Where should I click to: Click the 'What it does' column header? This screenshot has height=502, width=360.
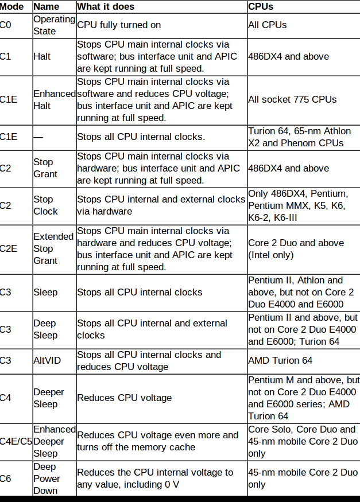point(106,7)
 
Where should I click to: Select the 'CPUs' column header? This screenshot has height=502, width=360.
point(261,7)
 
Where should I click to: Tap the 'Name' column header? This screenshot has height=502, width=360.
point(47,7)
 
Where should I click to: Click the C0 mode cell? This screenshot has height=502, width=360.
point(5,25)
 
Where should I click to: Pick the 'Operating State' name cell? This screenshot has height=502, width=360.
point(55,25)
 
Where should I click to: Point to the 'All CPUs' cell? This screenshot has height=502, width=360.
point(268,25)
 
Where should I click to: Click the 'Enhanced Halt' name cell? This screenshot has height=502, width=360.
point(55,100)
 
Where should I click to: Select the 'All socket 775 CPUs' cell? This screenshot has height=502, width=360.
point(292,100)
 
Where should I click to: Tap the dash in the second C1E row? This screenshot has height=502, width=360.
point(38,137)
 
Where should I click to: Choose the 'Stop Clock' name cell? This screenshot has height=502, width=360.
point(45,205)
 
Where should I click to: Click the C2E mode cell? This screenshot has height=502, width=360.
point(9,249)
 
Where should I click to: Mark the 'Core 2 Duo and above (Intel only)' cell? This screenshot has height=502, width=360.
point(296,249)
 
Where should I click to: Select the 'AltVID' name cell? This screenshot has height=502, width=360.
point(47,360)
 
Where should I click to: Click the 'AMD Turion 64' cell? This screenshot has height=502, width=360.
point(280,360)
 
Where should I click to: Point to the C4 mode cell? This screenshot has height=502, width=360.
point(5,398)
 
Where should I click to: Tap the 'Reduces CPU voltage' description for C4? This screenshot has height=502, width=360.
point(125,398)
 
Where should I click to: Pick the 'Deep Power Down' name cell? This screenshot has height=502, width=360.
point(47,478)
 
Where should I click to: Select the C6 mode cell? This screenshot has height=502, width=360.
point(5,478)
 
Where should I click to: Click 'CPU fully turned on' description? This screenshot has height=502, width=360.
point(119,25)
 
